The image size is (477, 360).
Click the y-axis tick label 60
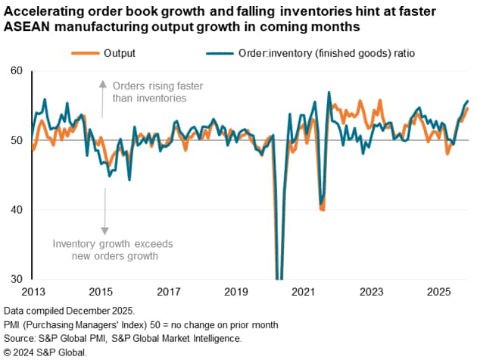click(x=16, y=70)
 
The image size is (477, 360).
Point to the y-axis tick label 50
click(x=16, y=139)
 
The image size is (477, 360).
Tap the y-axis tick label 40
click(x=16, y=209)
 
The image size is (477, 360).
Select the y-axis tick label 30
click(x=16, y=279)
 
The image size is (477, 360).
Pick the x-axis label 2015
click(x=101, y=292)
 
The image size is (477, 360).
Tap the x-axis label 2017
click(x=169, y=292)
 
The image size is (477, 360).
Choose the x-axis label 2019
click(x=236, y=292)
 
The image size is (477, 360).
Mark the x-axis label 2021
click(x=304, y=292)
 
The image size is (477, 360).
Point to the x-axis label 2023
click(x=371, y=292)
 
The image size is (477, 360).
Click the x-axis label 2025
click(x=438, y=292)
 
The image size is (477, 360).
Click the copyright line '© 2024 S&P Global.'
click(x=45, y=352)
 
